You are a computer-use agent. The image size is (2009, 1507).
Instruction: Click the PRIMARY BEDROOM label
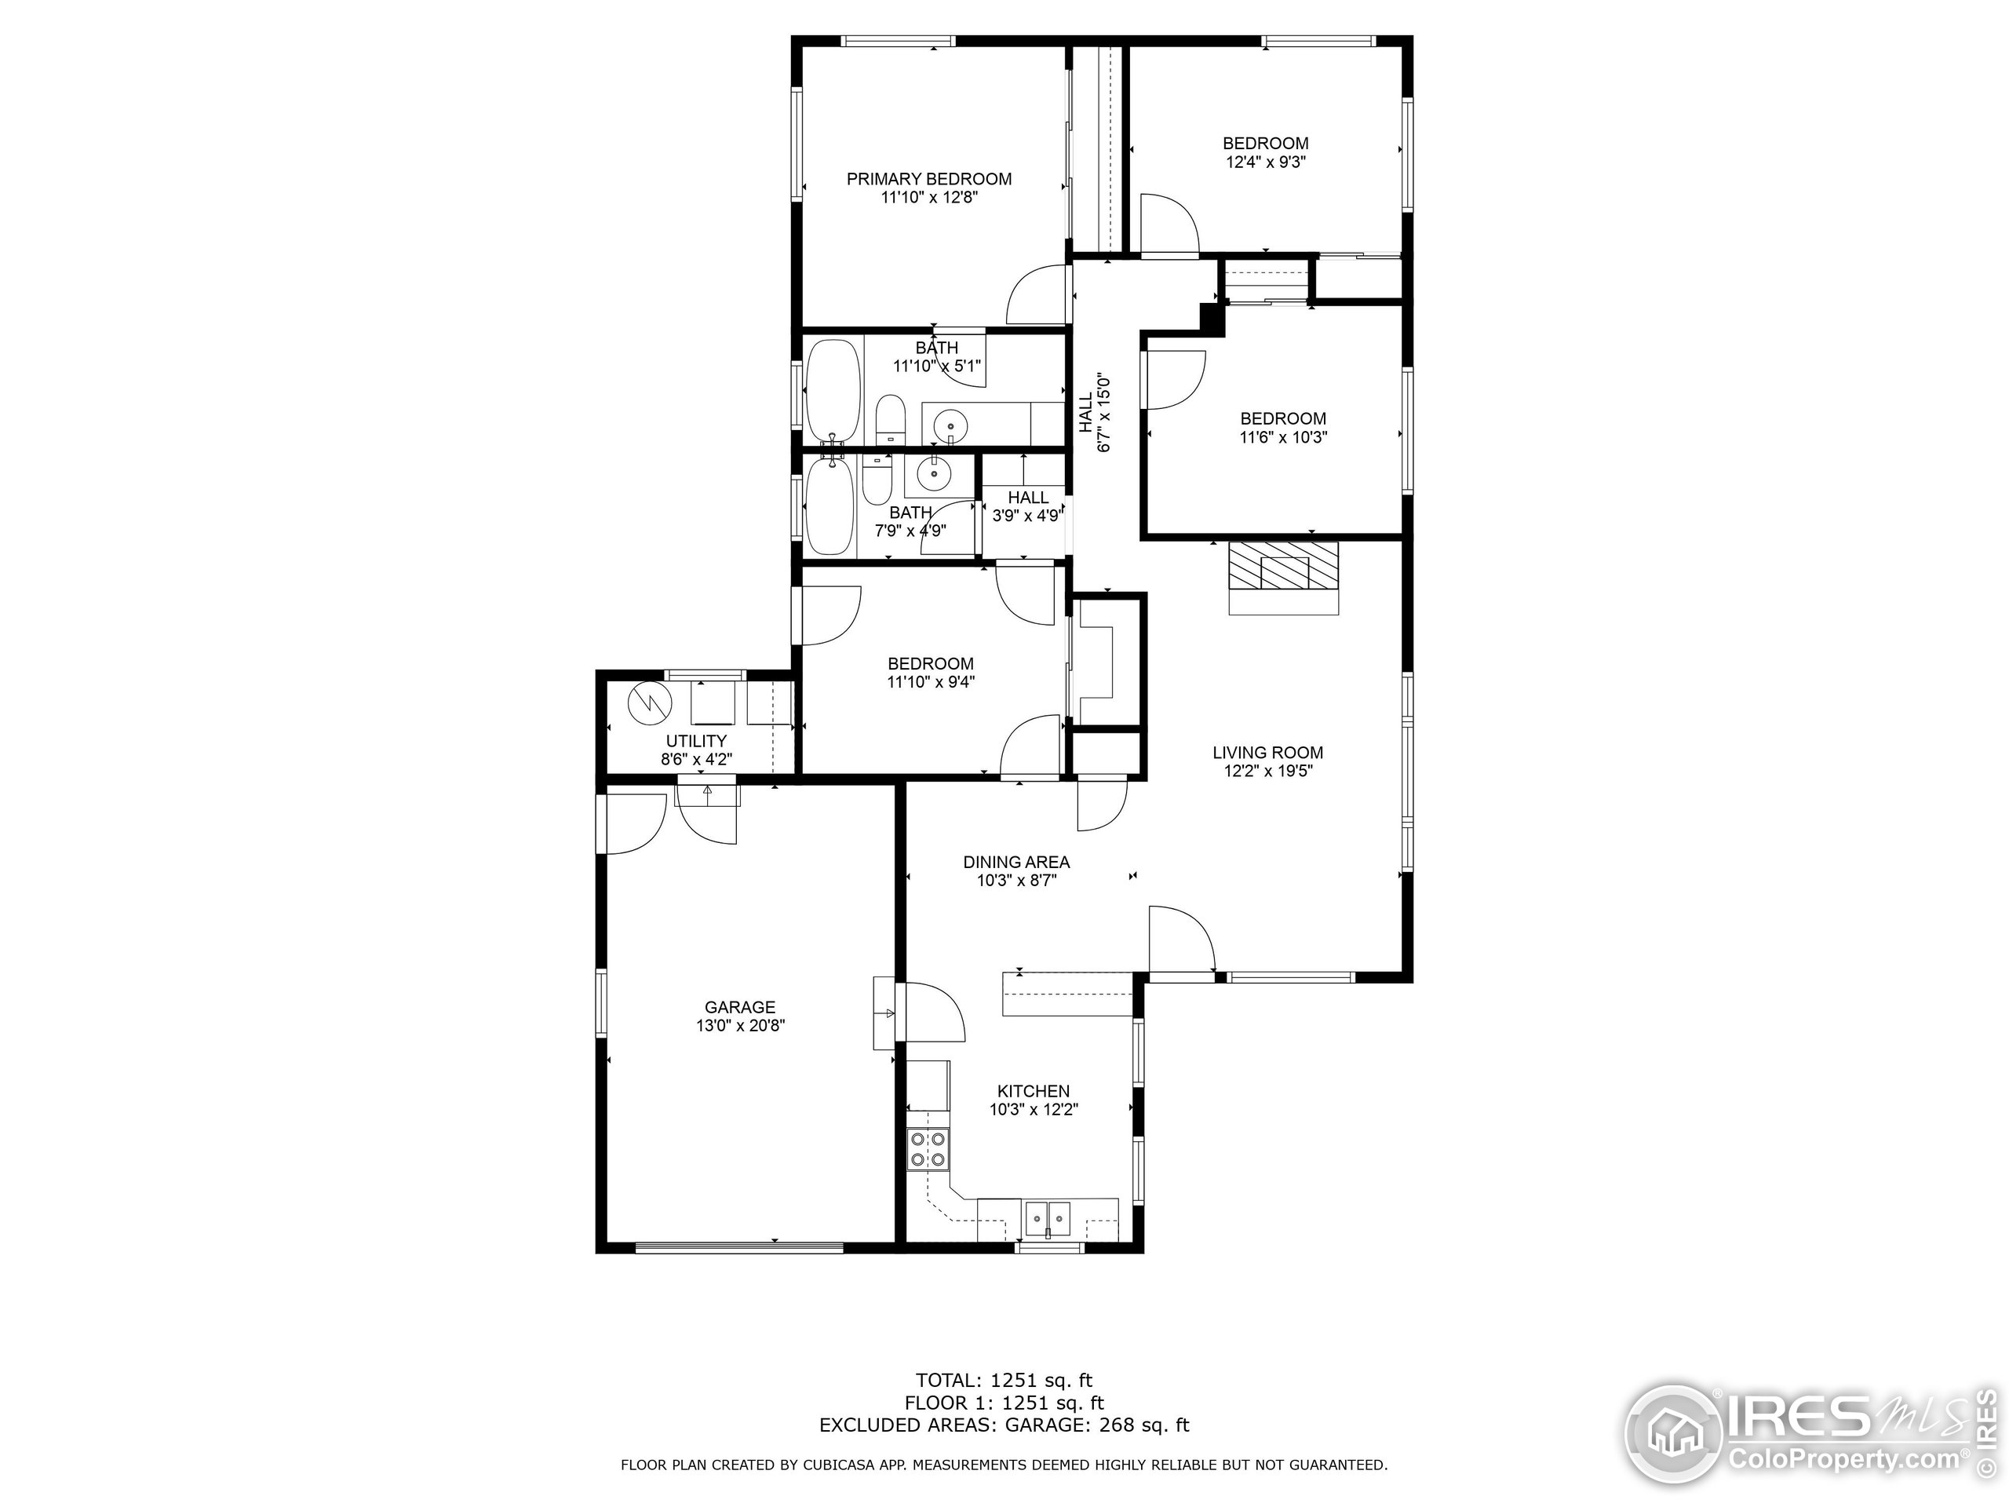tap(928, 179)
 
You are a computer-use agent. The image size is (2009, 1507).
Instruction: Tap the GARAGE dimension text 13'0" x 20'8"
tap(739, 1026)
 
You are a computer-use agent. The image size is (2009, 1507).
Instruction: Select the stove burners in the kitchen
tap(928, 1149)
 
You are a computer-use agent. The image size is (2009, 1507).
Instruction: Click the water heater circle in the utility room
tap(649, 702)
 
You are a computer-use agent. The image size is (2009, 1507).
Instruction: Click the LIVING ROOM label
tap(1267, 752)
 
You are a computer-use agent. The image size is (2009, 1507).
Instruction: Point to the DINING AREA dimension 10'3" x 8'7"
tap(1016, 880)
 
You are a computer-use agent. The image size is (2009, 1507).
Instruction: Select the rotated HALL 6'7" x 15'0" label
tap(1095, 411)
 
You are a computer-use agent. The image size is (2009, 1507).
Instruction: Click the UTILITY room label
tap(696, 740)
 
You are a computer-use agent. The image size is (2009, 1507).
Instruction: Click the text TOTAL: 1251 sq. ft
tap(1003, 1381)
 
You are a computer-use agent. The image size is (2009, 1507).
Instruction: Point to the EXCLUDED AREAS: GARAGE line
tap(1003, 1425)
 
